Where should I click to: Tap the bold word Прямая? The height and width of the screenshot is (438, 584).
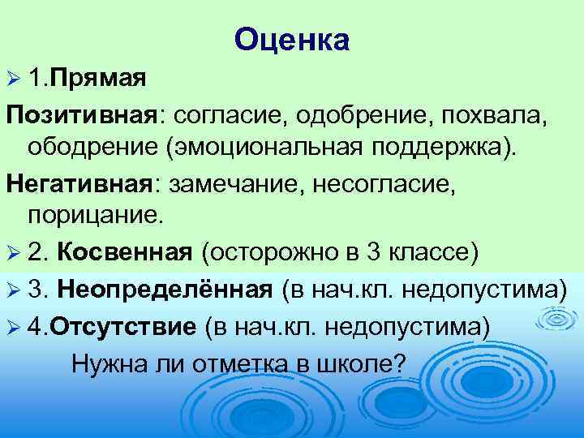click(x=99, y=79)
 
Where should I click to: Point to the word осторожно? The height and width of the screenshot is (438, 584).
click(x=268, y=252)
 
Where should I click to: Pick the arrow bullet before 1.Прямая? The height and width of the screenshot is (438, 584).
click(x=14, y=80)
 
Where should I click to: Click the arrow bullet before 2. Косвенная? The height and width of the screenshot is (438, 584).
click(x=14, y=253)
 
